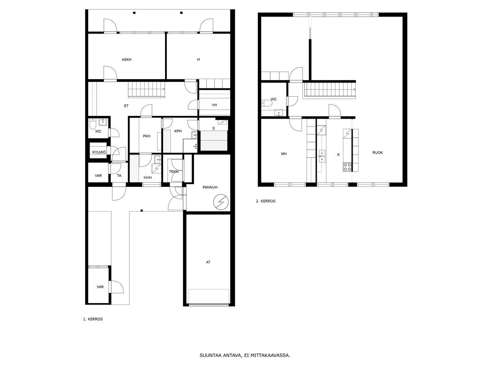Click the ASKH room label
pos(126,59)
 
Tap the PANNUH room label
pos(210,187)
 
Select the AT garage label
pos(208,262)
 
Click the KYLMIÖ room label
pos(99,152)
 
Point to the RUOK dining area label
pos(377,153)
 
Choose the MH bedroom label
pos(284,154)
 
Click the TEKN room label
pos(174,172)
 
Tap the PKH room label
pos(147,136)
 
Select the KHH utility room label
pos(148,178)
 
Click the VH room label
pos(214,105)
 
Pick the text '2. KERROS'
pos(266,201)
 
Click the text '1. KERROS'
pos(93,319)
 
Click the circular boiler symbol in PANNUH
pos(221,202)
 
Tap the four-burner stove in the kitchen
pos(347,167)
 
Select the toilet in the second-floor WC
pos(266,103)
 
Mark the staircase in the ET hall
pos(147,89)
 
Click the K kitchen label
pos(338,155)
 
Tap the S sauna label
pos(213,128)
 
